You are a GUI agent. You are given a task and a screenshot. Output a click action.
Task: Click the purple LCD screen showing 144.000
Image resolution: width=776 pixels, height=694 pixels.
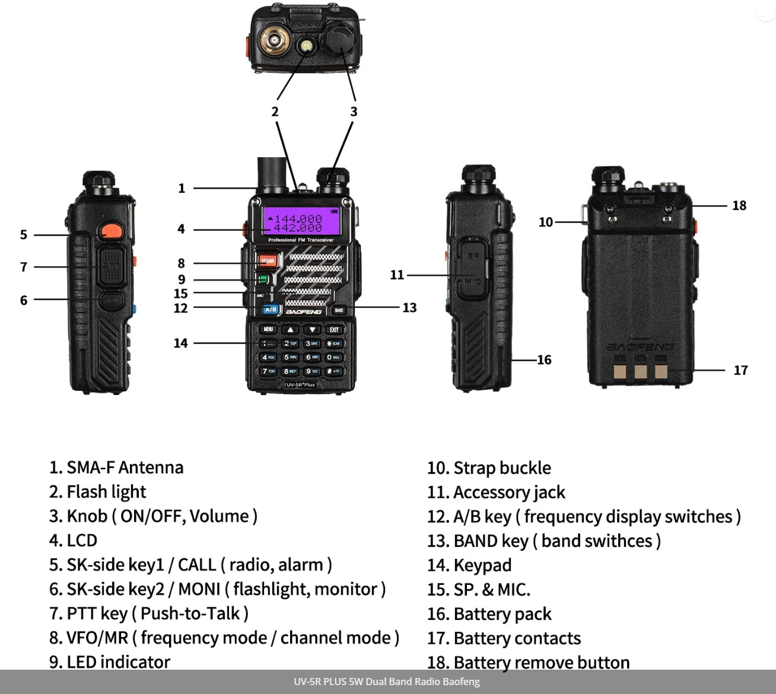301,222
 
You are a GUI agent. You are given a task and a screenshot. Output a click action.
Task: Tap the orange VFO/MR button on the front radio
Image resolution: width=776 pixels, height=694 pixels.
268,260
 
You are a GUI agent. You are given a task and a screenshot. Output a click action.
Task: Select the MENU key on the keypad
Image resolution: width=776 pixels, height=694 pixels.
268,329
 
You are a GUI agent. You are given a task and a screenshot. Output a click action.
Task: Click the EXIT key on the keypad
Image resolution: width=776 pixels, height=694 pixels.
334,329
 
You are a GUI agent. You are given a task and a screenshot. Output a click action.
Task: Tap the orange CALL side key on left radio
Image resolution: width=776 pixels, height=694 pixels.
110,231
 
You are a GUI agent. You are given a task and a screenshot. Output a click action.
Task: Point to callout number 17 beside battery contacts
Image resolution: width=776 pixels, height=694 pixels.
740,370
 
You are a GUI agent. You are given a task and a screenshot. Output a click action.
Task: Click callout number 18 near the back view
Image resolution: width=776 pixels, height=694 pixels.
739,205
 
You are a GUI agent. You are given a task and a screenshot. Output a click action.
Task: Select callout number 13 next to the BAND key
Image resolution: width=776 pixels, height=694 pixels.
409,307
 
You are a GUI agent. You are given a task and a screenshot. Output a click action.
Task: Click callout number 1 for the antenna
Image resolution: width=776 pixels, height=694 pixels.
182,188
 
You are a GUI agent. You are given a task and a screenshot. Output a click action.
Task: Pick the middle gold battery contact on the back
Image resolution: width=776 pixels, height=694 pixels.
640,371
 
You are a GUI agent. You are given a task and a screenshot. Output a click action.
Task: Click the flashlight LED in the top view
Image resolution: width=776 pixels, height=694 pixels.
306,46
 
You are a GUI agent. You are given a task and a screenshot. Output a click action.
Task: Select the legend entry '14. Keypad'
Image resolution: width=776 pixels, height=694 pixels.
469,565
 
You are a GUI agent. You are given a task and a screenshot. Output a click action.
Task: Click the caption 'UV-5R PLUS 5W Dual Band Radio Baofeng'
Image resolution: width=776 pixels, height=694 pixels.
387,682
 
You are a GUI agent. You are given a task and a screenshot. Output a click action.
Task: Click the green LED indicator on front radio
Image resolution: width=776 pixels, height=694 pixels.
263,279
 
